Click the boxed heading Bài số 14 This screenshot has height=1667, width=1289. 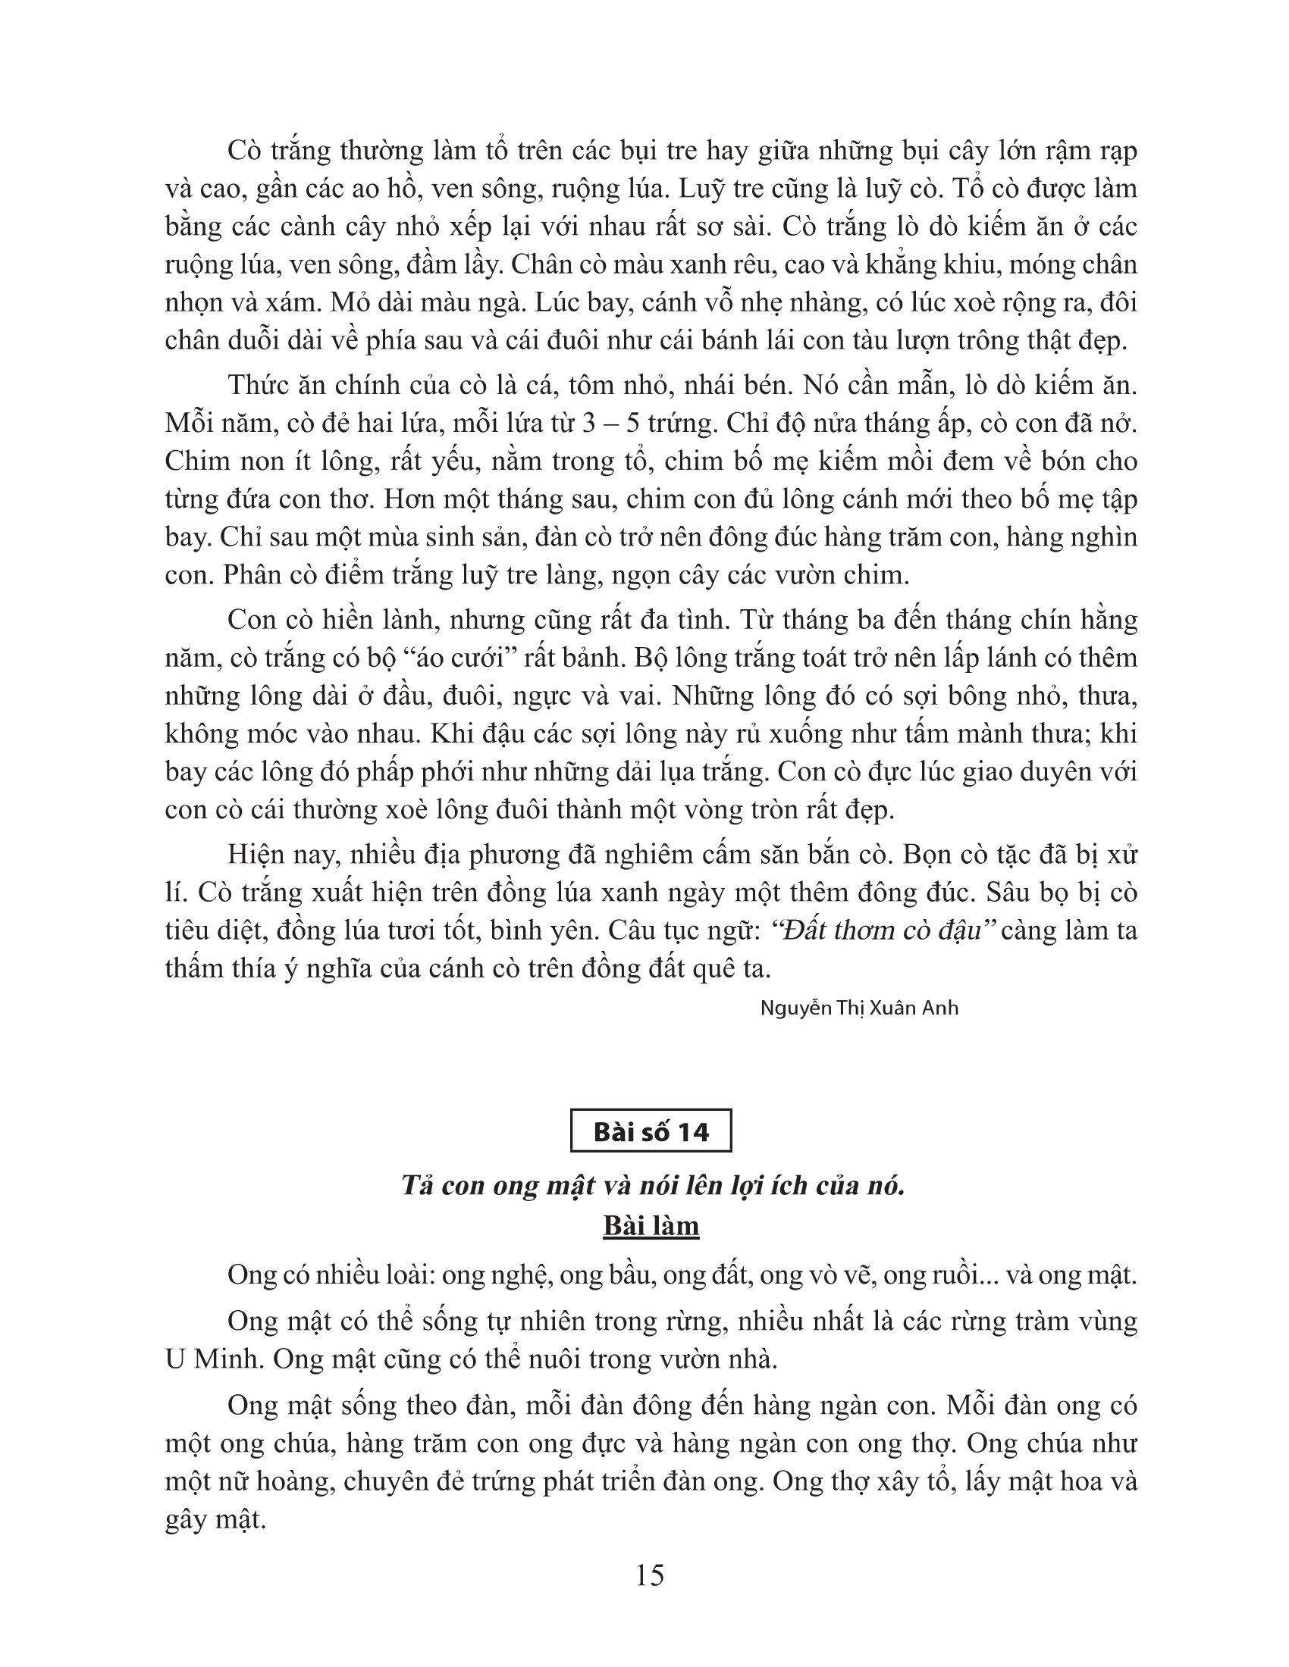[651, 1132]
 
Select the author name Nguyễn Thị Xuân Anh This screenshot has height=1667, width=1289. [859, 1008]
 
